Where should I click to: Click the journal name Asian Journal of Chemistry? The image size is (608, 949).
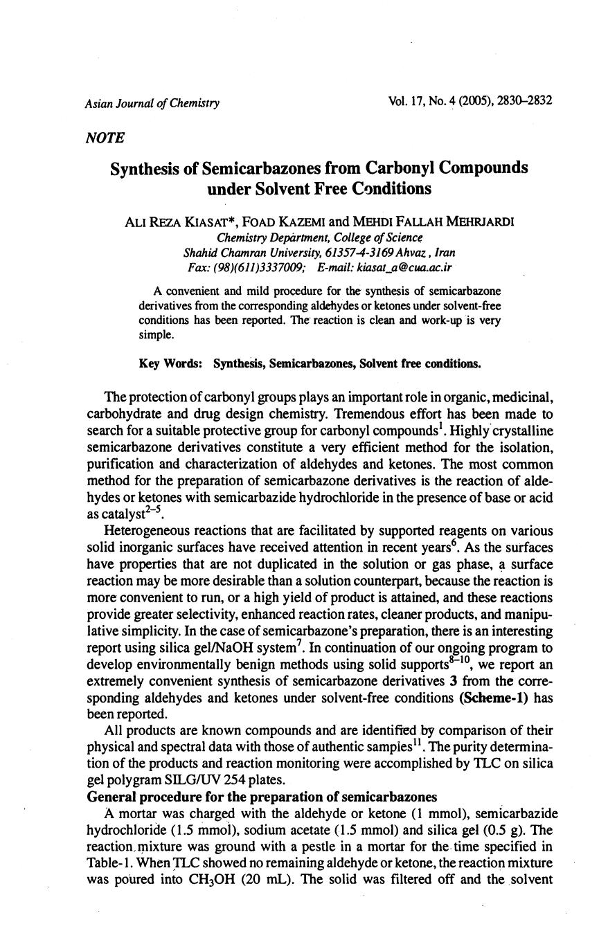pos(152,103)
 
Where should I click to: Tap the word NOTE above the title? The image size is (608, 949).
pos(105,138)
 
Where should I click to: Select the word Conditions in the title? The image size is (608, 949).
pos(391,188)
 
